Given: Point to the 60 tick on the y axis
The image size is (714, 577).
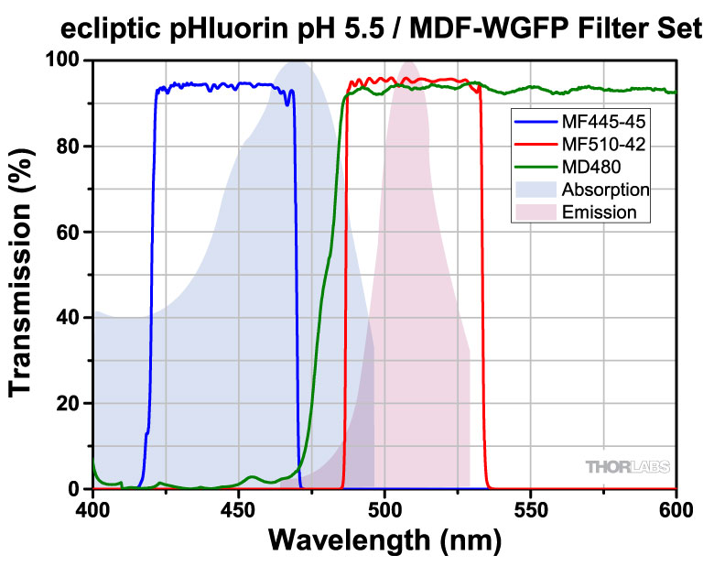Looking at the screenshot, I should (73, 233).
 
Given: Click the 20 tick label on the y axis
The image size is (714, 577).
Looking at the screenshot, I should (73, 404).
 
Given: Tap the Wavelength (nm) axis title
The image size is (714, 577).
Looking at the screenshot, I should (384, 541).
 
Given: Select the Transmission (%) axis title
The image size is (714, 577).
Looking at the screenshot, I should (22, 275).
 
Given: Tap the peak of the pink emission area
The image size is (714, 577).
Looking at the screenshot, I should (408, 63).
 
